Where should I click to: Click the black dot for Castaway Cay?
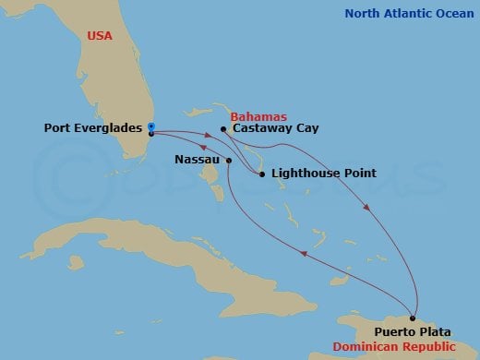pyautogui.click(x=223, y=129)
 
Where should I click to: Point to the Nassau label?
pyautogui.click(x=197, y=160)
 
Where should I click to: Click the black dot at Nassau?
pyautogui.click(x=227, y=160)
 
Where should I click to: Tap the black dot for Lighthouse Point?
pyautogui.click(x=261, y=174)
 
